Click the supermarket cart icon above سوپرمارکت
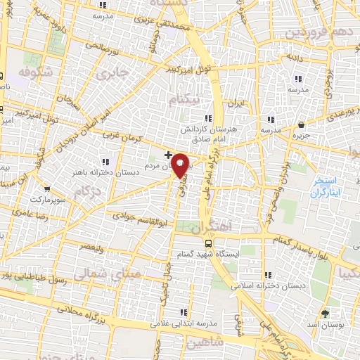tap(46, 188)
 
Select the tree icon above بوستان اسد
tap(324, 313)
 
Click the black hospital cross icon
tap(167, 154)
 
